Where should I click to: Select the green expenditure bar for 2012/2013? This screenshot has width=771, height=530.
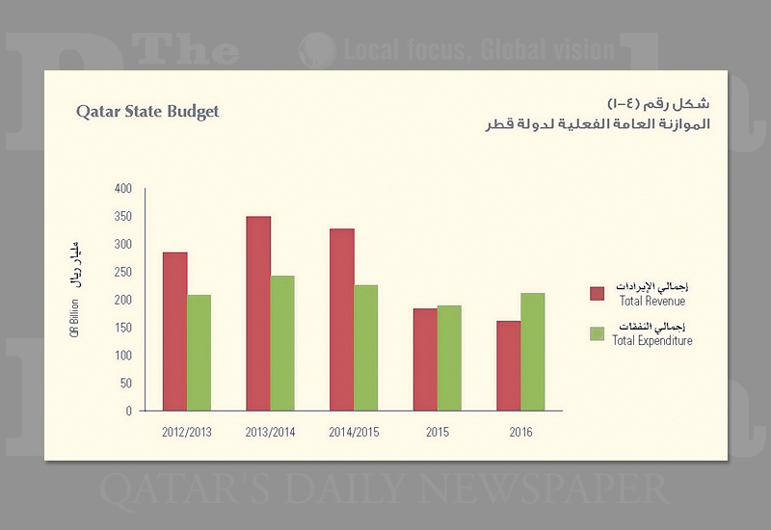[199, 353]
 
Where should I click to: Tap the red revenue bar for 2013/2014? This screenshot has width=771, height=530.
[258, 313]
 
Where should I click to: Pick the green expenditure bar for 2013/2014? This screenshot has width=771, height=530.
[282, 343]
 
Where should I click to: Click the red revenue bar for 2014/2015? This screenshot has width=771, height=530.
[341, 319]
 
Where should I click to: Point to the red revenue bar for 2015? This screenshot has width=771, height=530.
[424, 359]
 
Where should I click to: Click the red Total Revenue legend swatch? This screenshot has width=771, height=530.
[597, 293]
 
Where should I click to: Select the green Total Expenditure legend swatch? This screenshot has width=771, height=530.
[597, 333]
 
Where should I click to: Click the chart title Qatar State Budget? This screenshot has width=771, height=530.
[147, 112]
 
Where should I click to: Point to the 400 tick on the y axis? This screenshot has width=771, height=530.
[122, 189]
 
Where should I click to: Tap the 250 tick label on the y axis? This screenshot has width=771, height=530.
[122, 273]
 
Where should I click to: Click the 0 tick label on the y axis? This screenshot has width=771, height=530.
[128, 411]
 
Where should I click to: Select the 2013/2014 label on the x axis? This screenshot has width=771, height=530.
[271, 433]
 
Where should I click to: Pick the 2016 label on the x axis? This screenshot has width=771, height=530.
[520, 433]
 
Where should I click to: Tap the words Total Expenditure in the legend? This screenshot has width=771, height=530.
[652, 341]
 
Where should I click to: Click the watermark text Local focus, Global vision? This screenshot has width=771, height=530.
[479, 50]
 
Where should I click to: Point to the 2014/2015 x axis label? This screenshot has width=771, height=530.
[354, 433]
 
